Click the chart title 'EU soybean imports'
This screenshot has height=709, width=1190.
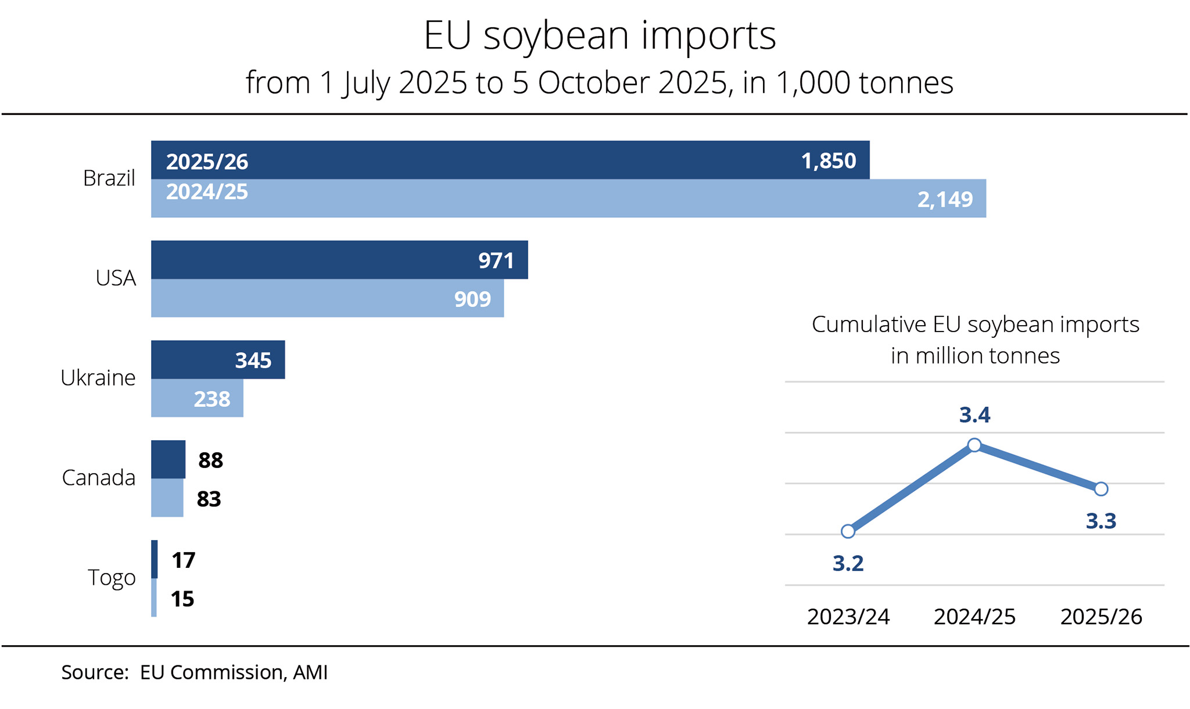click(600, 36)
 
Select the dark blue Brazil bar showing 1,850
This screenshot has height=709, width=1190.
click(510, 160)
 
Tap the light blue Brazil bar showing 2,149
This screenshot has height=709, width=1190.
click(568, 199)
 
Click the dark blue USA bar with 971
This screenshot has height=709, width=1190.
click(339, 260)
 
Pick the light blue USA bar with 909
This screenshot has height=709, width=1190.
click(327, 298)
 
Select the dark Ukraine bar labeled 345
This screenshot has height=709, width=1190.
click(218, 360)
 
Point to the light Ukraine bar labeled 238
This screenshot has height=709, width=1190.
click(197, 398)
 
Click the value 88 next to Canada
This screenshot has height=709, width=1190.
click(210, 460)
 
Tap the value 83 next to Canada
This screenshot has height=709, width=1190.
click(209, 499)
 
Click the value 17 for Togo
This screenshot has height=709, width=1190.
click(183, 560)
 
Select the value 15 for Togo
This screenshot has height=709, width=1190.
click(182, 599)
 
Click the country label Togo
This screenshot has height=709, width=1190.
click(112, 578)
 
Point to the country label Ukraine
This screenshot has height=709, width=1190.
click(98, 378)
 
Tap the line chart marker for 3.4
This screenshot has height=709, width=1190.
click(974, 445)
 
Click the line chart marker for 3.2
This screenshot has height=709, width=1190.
click(848, 531)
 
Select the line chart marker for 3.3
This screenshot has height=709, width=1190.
click(1101, 489)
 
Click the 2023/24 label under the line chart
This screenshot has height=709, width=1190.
click(848, 617)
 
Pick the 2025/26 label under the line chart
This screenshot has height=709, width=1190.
click(1101, 617)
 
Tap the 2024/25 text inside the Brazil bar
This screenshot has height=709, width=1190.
click(207, 192)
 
